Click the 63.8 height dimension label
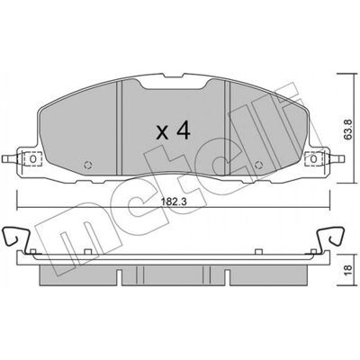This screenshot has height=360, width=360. [348, 130]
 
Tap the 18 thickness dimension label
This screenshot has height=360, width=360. [348, 270]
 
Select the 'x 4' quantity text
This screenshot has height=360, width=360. [174, 130]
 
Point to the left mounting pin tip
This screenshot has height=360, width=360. [3, 158]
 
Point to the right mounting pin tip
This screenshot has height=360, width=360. [343, 158]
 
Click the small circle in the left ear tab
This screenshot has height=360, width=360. [33, 158]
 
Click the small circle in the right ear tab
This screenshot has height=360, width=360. [313, 158]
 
